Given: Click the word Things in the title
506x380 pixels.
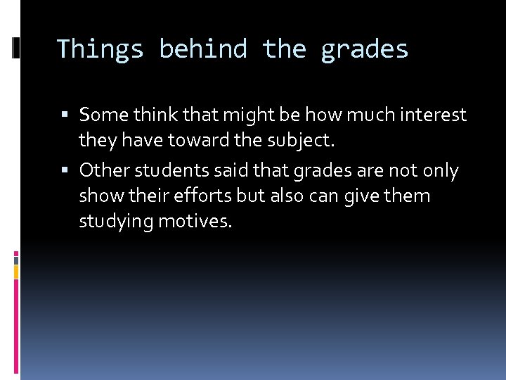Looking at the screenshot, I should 99,49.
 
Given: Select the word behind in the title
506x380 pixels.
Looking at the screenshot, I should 203,49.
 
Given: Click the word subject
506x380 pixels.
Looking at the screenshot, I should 301,140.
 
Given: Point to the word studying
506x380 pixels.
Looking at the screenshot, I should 116,222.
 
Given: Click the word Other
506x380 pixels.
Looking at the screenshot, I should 104,170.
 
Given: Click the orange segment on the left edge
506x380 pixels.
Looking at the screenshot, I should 16,270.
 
